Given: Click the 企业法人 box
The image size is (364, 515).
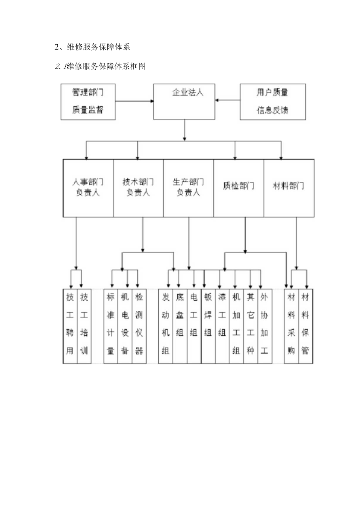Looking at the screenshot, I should click(x=184, y=101).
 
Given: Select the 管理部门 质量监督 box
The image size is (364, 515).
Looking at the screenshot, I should click(x=88, y=101).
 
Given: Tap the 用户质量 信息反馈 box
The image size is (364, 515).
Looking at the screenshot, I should click(x=273, y=101).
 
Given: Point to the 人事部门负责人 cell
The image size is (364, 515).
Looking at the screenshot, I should click(x=88, y=188).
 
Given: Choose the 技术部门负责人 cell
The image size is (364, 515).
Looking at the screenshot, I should click(x=138, y=188).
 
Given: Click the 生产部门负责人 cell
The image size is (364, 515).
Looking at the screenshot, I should click(x=188, y=188).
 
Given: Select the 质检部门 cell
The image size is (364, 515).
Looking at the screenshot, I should click(x=239, y=188).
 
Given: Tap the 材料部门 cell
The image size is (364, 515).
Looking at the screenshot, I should click(x=289, y=188).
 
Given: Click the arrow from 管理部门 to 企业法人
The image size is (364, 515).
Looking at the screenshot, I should click(x=135, y=101).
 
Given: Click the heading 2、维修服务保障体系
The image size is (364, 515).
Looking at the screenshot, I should click(x=92, y=47).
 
